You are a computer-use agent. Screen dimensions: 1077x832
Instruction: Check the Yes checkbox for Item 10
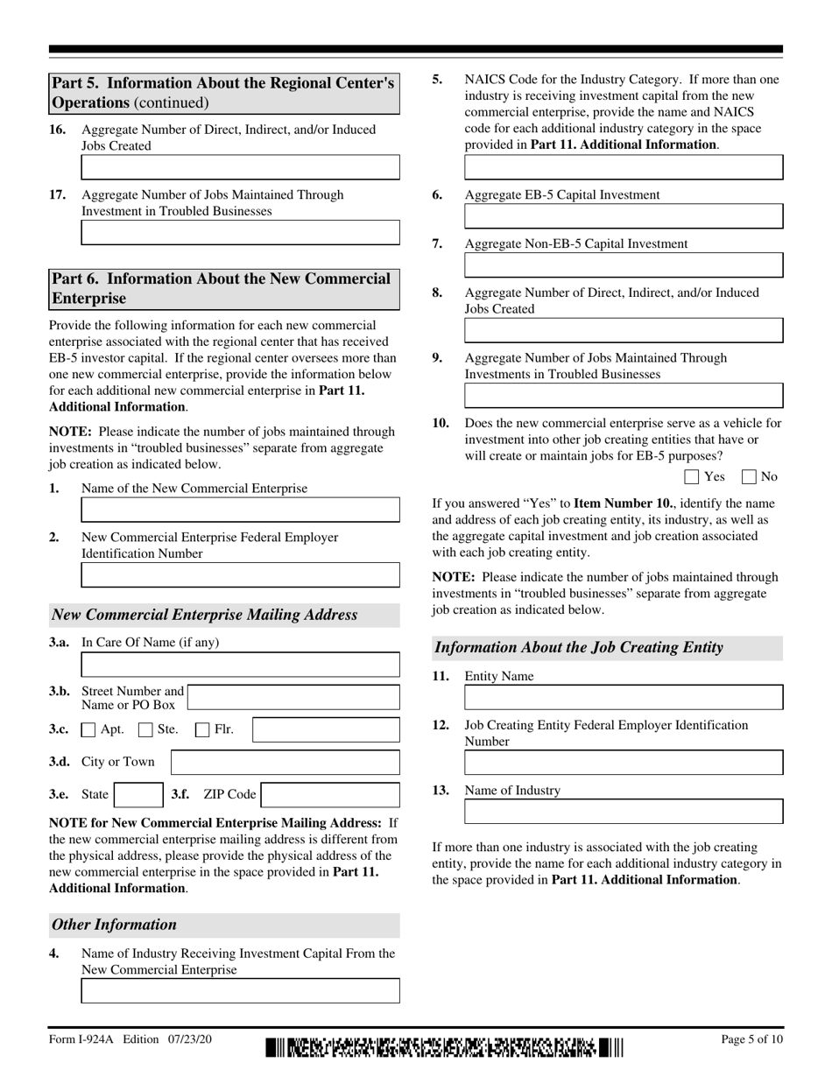[x=691, y=477]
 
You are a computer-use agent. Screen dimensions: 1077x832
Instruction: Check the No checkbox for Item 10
[x=749, y=477]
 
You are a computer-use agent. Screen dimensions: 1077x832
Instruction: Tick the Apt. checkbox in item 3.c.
[x=88, y=729]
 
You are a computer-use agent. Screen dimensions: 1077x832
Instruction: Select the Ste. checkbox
[x=146, y=729]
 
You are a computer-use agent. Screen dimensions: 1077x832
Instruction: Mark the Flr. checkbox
[x=202, y=729]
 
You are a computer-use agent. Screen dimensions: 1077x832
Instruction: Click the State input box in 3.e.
[x=138, y=794]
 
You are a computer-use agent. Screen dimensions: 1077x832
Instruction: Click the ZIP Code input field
[x=330, y=794]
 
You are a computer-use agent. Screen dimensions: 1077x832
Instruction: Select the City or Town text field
[x=285, y=762]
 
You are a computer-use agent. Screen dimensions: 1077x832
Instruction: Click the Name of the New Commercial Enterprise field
[x=240, y=510]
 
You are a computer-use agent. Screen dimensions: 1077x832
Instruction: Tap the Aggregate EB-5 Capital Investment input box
[x=623, y=216]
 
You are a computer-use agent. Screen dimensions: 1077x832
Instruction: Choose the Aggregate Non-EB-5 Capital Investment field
[x=623, y=265]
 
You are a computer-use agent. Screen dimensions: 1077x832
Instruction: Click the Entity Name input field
[x=623, y=697]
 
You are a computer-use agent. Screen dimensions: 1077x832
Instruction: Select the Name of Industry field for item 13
[x=623, y=812]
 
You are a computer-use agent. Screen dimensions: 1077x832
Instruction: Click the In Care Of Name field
[x=240, y=665]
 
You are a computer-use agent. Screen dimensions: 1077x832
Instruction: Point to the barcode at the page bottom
[x=444, y=1047]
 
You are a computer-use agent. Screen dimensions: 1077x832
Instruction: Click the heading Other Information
[x=115, y=925]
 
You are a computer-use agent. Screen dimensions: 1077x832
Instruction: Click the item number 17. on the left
[x=58, y=194]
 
